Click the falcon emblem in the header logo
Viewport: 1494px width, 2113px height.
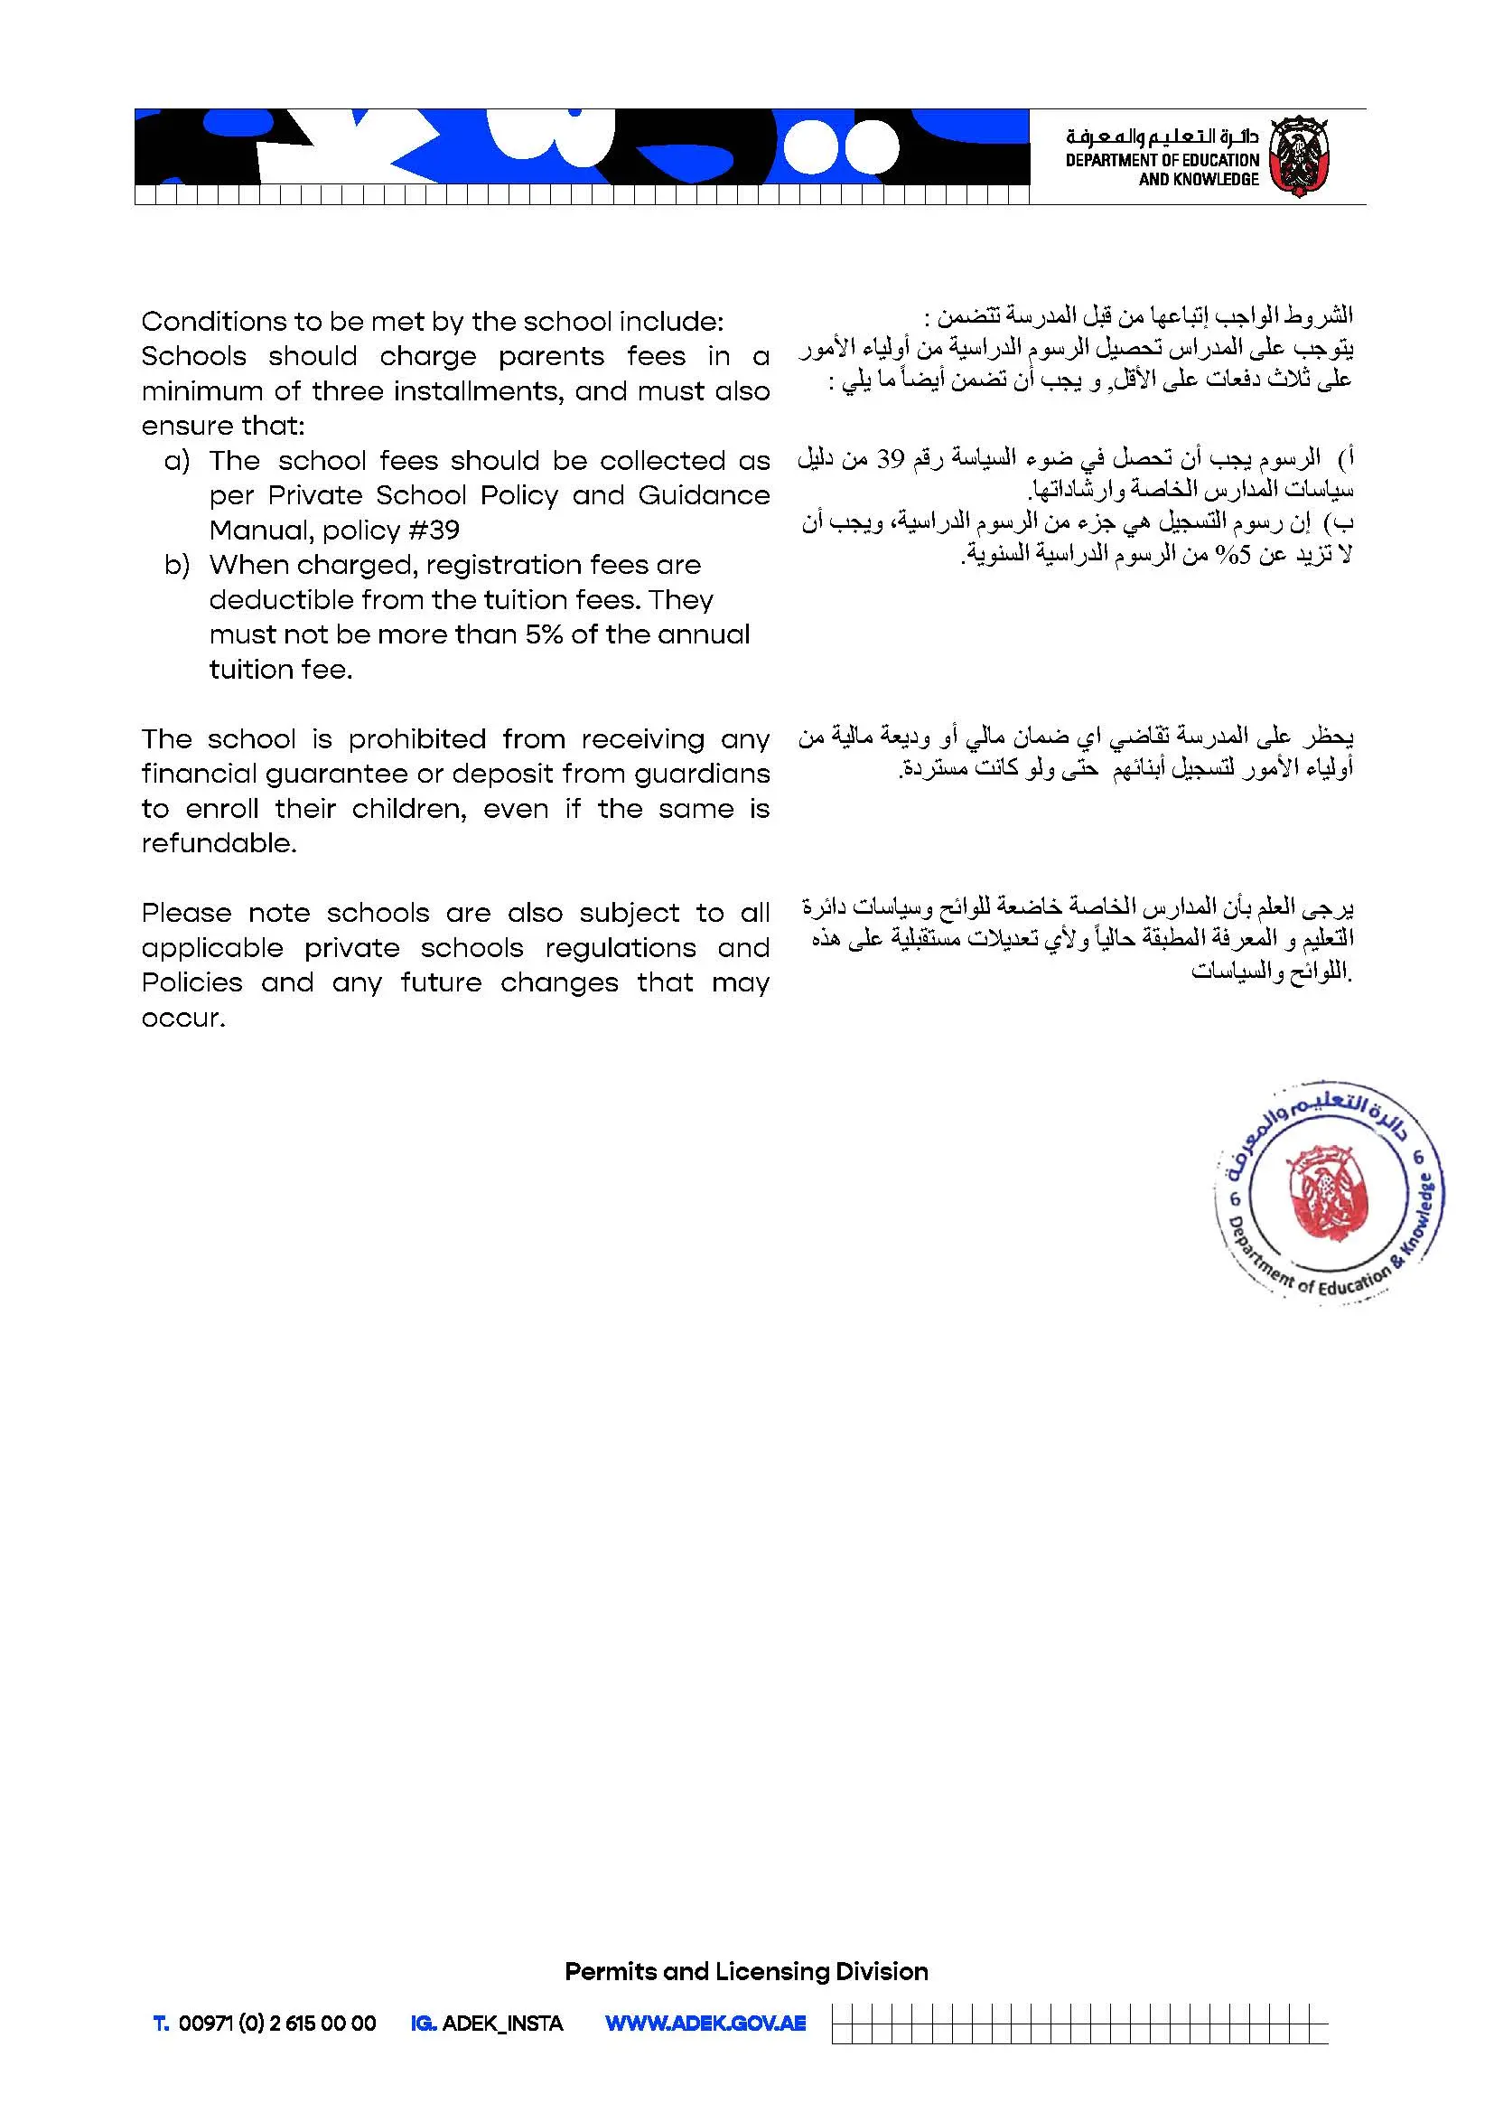pos(1294,156)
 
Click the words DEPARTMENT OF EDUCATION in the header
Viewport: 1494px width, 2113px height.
pos(1162,160)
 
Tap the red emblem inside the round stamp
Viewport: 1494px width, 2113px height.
pos(1329,1190)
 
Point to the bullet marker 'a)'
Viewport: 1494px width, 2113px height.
pos(177,461)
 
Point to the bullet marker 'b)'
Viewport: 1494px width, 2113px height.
pos(177,565)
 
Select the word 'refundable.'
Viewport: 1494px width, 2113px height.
pos(219,844)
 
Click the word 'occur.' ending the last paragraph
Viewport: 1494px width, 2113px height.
pos(183,1019)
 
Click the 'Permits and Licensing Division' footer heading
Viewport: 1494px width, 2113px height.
pos(746,1972)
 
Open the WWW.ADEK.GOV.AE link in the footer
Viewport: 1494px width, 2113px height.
pos(705,2024)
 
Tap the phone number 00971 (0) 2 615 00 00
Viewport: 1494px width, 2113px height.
pos(277,2024)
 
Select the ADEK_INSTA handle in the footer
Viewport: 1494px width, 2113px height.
pos(502,2024)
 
